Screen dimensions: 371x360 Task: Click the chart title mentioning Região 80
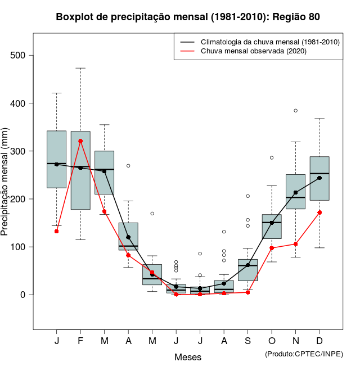188,17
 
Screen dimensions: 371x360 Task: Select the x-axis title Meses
188,357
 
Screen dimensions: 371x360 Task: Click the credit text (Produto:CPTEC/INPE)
304,354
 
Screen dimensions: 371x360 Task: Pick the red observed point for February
80,141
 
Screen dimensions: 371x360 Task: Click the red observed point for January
57,231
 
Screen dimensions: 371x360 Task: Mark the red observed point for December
319,212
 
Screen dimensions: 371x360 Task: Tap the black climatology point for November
295,192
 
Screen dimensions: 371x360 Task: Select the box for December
319,178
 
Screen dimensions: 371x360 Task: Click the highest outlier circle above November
295,111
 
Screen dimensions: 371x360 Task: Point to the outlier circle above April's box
128,166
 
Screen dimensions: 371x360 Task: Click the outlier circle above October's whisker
272,158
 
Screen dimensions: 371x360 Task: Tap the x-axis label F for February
80,341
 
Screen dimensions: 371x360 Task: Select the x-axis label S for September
247,341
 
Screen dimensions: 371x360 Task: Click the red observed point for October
272,248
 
